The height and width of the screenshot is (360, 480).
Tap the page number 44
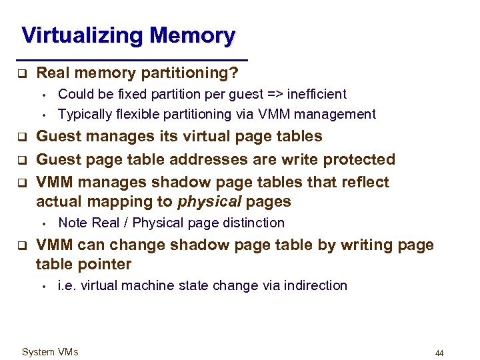pyautogui.click(x=439, y=353)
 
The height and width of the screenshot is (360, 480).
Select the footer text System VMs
pyautogui.click(x=50, y=352)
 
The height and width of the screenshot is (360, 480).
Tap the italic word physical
pyautogui.click(x=209, y=201)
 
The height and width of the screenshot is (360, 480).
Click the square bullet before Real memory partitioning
pyautogui.click(x=21, y=73)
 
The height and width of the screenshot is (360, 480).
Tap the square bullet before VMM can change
pyautogui.click(x=21, y=245)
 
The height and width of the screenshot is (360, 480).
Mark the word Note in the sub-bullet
pyautogui.click(x=73, y=223)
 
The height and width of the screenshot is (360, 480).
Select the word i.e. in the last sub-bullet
pyautogui.click(x=67, y=285)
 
